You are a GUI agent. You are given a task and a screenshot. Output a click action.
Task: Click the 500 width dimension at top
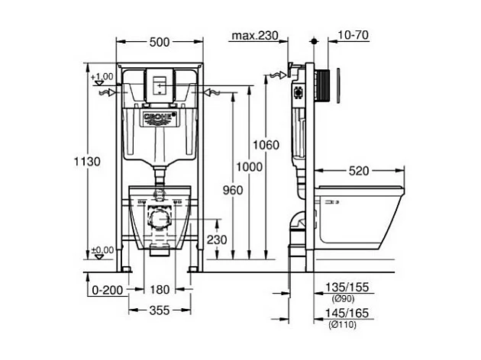159,43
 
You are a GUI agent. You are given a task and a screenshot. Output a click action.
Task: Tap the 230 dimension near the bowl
218,239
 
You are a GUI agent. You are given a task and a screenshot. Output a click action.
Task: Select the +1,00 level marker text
101,77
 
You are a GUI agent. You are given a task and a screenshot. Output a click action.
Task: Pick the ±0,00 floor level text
102,250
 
